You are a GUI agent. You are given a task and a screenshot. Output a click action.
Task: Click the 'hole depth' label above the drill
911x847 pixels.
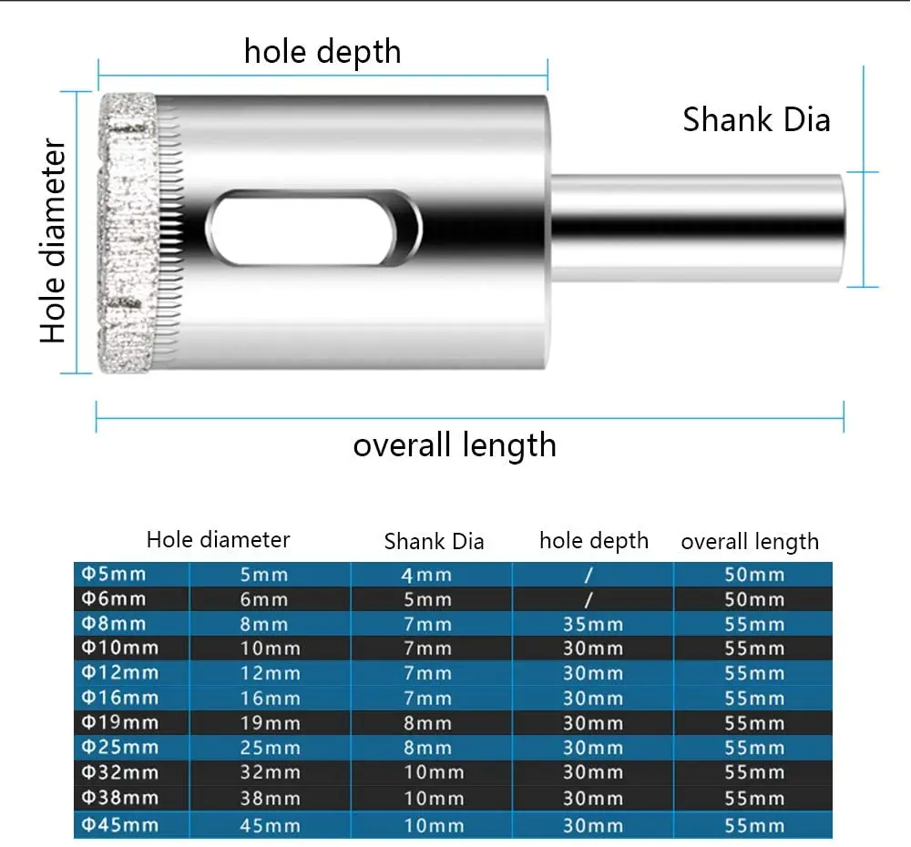(322, 51)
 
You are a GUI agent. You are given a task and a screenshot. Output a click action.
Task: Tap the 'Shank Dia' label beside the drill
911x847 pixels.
(756, 119)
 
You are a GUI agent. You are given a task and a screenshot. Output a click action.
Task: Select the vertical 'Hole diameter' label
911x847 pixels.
(54, 241)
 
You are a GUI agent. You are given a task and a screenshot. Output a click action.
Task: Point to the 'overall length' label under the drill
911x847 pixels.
(454, 445)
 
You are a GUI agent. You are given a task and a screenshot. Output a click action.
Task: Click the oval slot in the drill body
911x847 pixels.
(313, 229)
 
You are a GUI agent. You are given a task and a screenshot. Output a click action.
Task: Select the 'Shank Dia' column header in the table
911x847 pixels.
(434, 542)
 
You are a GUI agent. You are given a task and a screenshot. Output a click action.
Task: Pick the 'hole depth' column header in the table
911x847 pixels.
(593, 541)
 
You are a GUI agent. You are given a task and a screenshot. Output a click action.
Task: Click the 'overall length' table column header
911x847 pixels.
(749, 542)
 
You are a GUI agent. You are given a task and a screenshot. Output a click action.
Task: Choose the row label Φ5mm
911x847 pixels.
(114, 574)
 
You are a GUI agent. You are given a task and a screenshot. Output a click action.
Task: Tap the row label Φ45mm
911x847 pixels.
(120, 825)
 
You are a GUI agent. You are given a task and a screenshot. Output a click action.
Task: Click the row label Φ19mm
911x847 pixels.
(120, 723)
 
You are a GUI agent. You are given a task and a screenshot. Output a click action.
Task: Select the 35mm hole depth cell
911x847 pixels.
(592, 625)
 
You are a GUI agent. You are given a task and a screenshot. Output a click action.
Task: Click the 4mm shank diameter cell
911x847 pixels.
(426, 575)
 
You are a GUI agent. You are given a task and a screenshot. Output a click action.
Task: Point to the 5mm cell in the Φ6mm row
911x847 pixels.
(426, 599)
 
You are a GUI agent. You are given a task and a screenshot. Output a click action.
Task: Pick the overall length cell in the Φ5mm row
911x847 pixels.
(753, 575)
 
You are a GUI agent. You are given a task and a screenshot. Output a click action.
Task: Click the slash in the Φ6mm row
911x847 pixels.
(589, 599)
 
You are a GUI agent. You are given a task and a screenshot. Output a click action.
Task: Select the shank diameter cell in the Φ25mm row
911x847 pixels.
(426, 749)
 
